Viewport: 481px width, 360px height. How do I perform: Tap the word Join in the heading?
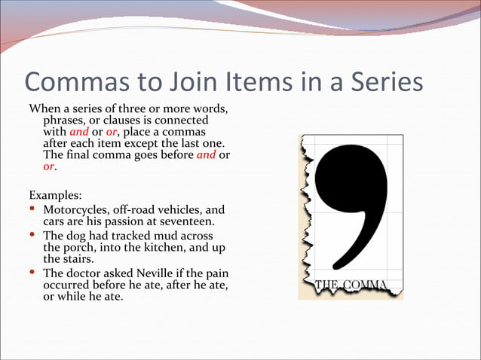179,82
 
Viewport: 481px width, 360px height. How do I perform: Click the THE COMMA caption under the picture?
351,285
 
